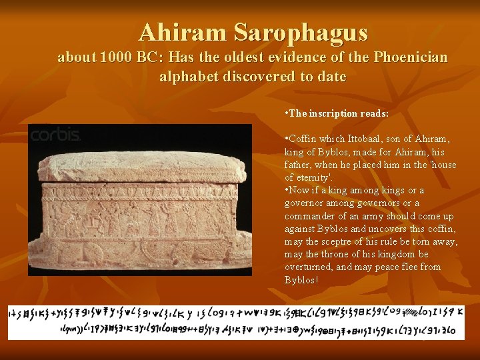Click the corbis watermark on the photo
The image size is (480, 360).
click(55, 135)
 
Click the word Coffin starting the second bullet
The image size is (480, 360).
click(302, 139)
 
